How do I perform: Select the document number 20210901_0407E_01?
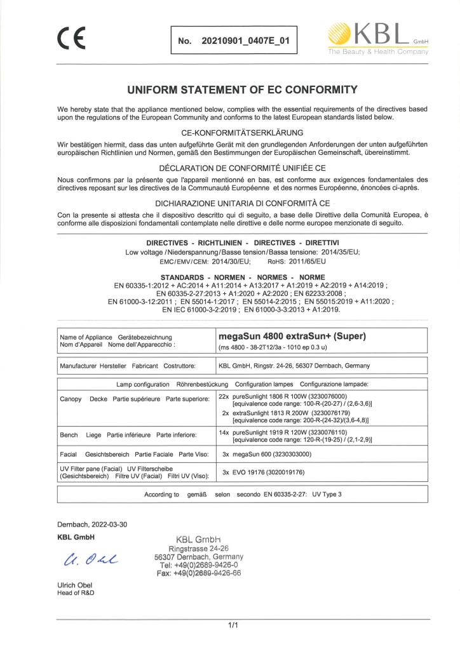[245, 41]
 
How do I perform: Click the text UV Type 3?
[331, 493]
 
